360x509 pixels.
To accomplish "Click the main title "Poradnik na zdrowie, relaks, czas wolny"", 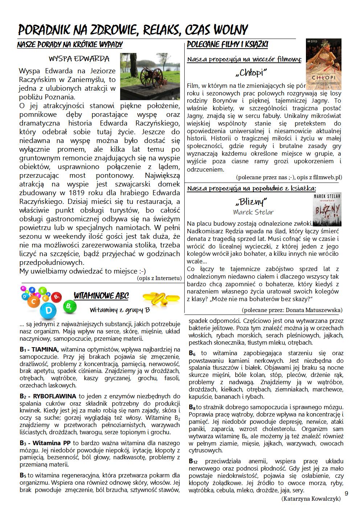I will click(133, 29).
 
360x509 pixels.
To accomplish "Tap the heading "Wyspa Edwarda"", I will click(79, 59).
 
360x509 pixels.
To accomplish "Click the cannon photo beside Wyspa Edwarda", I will click(150, 76).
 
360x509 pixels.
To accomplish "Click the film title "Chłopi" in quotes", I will click(251, 73).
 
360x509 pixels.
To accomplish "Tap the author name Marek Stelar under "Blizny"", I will click(253, 212).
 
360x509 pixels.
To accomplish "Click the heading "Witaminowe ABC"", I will click(101, 296).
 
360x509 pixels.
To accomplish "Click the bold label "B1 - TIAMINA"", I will click(39, 350).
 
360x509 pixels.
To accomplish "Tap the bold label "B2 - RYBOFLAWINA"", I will click(48, 396).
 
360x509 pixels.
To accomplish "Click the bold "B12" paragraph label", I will click(193, 461).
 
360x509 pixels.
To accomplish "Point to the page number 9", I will click(346, 493).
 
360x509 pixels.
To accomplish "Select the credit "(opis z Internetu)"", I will click(159, 278).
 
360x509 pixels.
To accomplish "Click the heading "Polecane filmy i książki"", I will click(228, 45).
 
